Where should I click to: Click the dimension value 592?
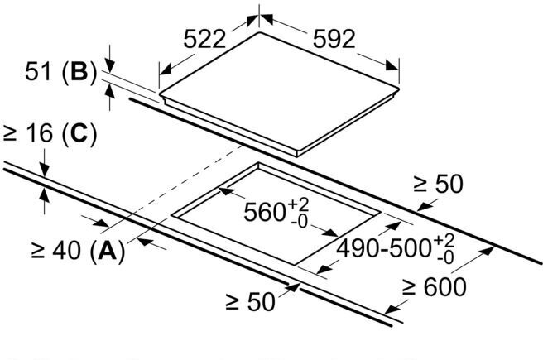[334, 39]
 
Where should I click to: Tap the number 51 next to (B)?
[35, 73]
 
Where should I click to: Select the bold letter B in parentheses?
[79, 73]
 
